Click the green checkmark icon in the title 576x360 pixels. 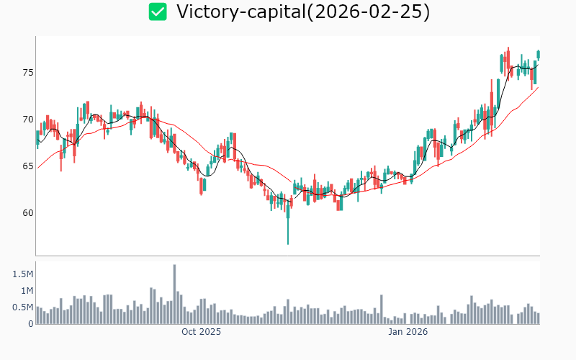(158, 12)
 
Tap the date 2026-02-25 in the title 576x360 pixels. (374, 12)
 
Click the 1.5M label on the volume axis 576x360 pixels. (22, 274)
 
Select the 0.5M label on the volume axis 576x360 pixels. (22, 307)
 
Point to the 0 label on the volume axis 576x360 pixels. (30, 324)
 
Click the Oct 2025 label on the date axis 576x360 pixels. (201, 332)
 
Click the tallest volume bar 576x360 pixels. (174, 294)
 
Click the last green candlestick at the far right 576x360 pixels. (538, 55)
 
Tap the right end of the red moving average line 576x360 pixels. (538, 87)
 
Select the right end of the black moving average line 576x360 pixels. (538, 63)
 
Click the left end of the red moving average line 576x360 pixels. (37, 168)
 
